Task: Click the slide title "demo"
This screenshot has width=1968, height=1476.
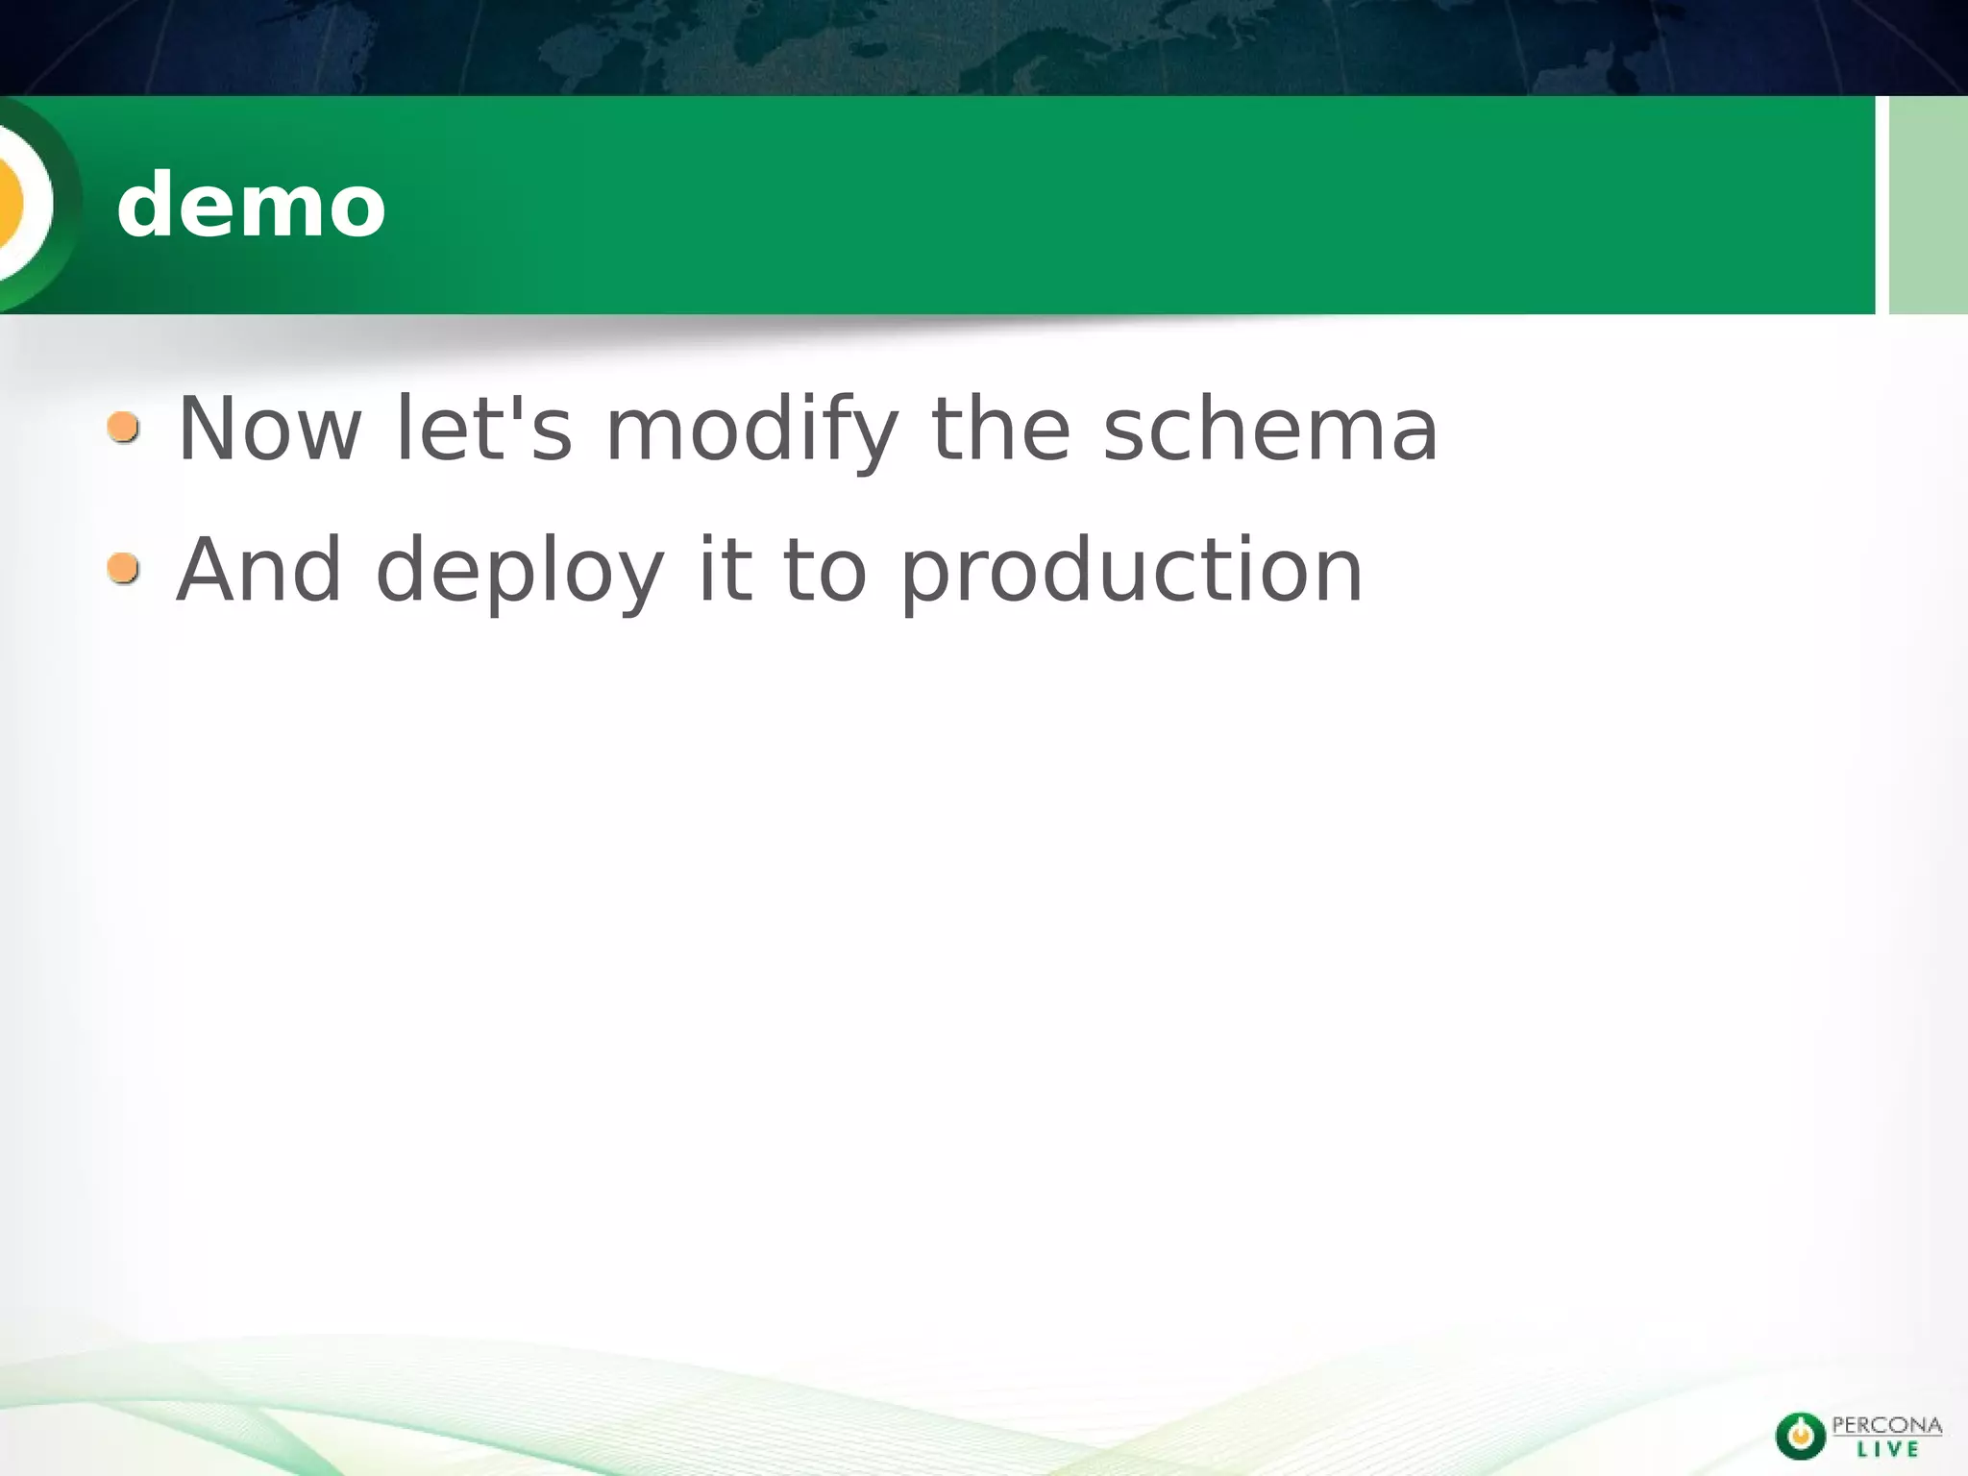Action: click(x=251, y=205)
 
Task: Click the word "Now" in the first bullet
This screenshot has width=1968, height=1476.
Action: click(x=270, y=430)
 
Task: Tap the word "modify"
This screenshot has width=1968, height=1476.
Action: click(x=751, y=430)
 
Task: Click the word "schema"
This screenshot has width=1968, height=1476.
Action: click(x=1270, y=430)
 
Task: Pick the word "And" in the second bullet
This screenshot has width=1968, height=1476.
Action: click(x=259, y=570)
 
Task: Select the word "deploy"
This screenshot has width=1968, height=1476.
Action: click(x=520, y=572)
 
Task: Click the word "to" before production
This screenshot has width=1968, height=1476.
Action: click(x=825, y=570)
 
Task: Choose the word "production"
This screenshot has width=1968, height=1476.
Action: click(x=1131, y=572)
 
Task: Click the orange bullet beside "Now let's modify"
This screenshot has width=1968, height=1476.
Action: click(x=123, y=427)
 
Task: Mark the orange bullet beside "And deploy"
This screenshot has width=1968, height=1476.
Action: click(x=123, y=568)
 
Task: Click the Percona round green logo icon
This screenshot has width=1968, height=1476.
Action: click(x=1800, y=1436)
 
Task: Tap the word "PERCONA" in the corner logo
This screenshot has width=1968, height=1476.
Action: click(x=1886, y=1425)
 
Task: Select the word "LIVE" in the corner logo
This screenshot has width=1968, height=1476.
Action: click(x=1887, y=1449)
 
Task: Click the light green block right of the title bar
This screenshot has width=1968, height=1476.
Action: click(x=1928, y=205)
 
